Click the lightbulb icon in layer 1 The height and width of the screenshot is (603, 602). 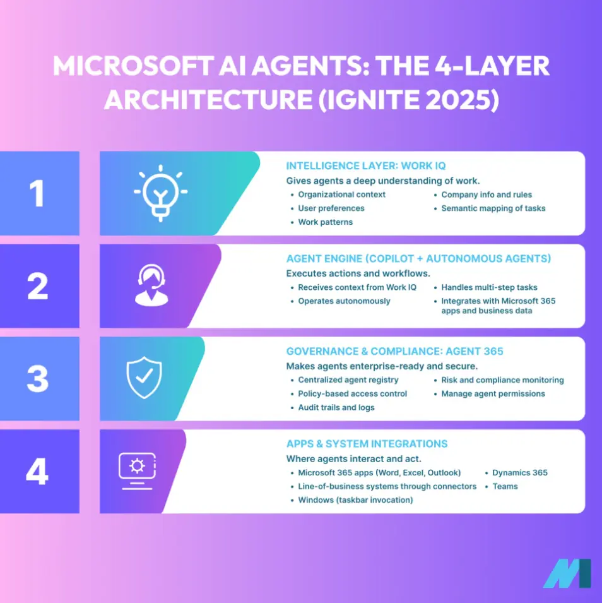(x=160, y=193)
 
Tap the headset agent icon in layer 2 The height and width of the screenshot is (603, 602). (x=152, y=285)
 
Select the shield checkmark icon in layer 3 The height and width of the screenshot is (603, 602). (x=144, y=378)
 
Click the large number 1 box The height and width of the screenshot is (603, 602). (x=39, y=193)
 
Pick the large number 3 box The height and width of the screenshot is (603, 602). (x=39, y=378)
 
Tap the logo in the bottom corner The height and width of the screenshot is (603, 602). (x=567, y=573)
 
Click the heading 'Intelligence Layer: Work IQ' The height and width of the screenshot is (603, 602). (x=366, y=166)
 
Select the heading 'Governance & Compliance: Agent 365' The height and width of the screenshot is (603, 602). (x=394, y=352)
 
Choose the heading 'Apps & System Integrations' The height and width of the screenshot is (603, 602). (x=367, y=444)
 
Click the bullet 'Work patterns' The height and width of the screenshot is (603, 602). (x=325, y=222)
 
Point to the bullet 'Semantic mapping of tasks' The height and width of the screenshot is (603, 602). (x=493, y=208)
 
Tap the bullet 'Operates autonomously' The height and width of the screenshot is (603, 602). (x=344, y=301)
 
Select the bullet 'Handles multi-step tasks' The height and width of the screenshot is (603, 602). (x=489, y=287)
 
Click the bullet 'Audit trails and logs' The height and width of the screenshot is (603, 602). (x=336, y=407)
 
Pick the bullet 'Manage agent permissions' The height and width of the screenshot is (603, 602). (x=492, y=393)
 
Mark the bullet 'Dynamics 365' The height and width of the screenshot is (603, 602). (x=519, y=472)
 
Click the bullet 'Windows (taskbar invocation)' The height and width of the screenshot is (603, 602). (x=355, y=500)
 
